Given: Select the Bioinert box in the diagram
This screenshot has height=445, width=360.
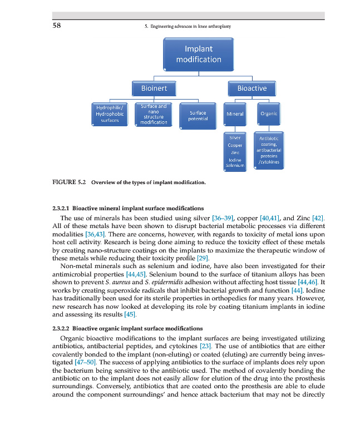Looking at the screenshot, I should coord(154,88).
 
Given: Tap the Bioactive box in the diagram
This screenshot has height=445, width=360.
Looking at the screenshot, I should coord(251,88).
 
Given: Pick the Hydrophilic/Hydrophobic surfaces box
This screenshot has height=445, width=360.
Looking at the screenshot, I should coord(111,113).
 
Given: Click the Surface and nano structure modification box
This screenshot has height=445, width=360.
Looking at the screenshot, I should coord(154,115).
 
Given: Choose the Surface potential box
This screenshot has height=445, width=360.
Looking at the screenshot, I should coord(198,116).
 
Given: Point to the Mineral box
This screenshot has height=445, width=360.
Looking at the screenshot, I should coord(235,115).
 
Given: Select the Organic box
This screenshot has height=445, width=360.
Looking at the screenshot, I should coord(269,115).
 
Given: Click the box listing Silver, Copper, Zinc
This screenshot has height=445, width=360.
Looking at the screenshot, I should coord(235,151).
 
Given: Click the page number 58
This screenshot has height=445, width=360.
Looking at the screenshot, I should coord(57,25).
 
